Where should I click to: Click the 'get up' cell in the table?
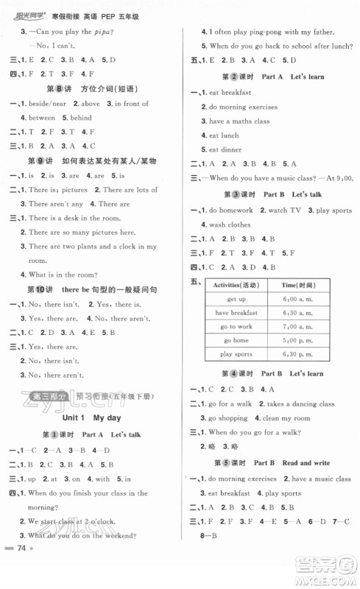pyautogui.click(x=236, y=299)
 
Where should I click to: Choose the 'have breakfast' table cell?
pyautogui.click(x=236, y=312)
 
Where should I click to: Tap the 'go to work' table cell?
pyautogui.click(x=236, y=326)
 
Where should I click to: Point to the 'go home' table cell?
pyautogui.click(x=236, y=340)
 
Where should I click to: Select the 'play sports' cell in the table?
pyautogui.click(x=236, y=354)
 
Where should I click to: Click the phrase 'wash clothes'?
pyautogui.click(x=230, y=224)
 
